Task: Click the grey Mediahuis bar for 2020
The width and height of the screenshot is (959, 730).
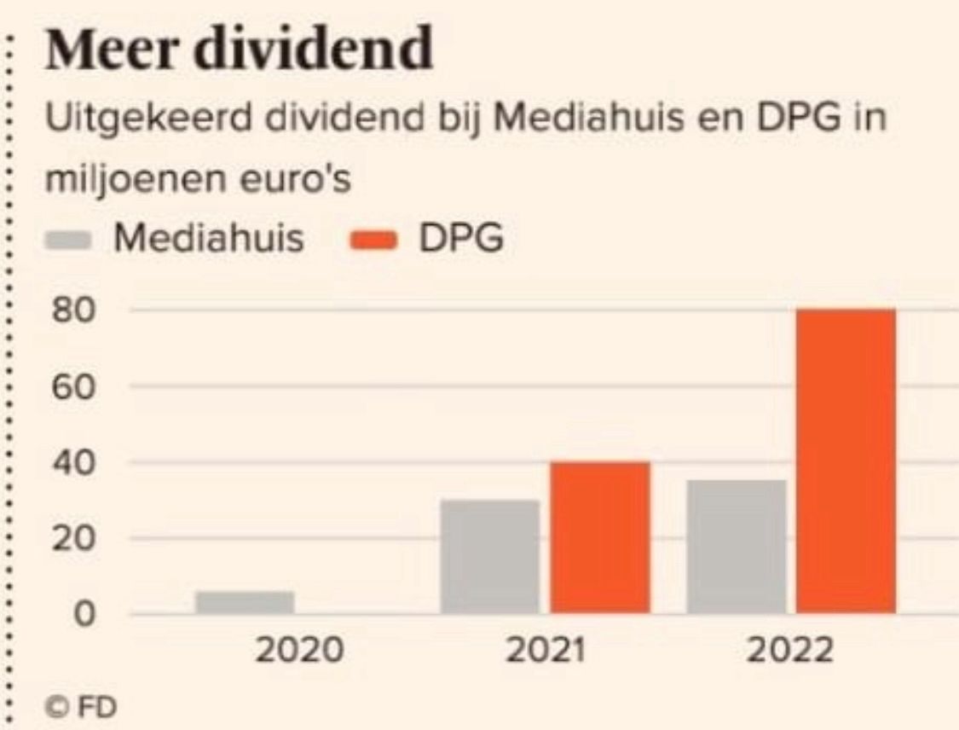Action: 245,602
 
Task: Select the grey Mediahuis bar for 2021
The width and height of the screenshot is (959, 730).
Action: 490,556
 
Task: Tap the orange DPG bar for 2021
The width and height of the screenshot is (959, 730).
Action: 599,537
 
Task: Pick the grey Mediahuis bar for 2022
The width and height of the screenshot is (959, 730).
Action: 737,547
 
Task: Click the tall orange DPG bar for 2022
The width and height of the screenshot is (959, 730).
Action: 846,461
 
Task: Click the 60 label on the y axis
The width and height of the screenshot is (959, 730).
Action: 74,386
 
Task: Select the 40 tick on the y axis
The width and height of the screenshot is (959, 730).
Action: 74,462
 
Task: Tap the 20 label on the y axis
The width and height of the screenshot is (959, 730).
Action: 74,539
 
